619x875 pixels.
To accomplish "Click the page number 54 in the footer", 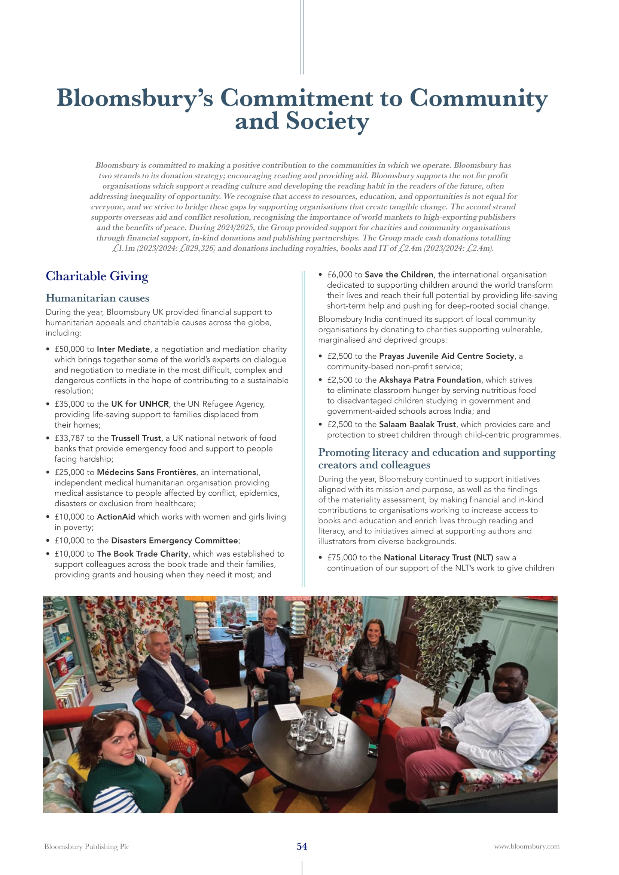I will [x=302, y=847].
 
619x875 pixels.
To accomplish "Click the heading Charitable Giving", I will [x=97, y=276].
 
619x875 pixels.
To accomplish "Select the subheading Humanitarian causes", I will [x=97, y=298].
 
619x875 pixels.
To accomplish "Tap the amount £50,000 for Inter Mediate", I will [x=69, y=349].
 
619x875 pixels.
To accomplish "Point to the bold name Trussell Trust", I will [x=136, y=438].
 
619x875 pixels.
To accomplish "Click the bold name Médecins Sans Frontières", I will [x=146, y=472].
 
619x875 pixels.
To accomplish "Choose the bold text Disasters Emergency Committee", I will [x=174, y=541].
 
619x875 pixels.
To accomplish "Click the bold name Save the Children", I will [x=399, y=274].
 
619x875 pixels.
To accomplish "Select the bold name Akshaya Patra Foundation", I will [x=430, y=380].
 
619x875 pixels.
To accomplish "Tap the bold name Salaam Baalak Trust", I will [x=417, y=425].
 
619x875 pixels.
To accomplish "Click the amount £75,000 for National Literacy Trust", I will [x=342, y=557].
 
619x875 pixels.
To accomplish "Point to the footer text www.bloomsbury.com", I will [x=527, y=847].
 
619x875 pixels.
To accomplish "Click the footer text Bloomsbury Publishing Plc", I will [x=87, y=847].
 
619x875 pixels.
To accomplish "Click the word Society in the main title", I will [x=327, y=121].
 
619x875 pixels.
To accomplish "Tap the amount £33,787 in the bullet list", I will [x=69, y=438].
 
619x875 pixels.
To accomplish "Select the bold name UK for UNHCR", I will [x=140, y=404].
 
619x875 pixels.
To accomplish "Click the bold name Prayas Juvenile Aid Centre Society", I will [x=446, y=356].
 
